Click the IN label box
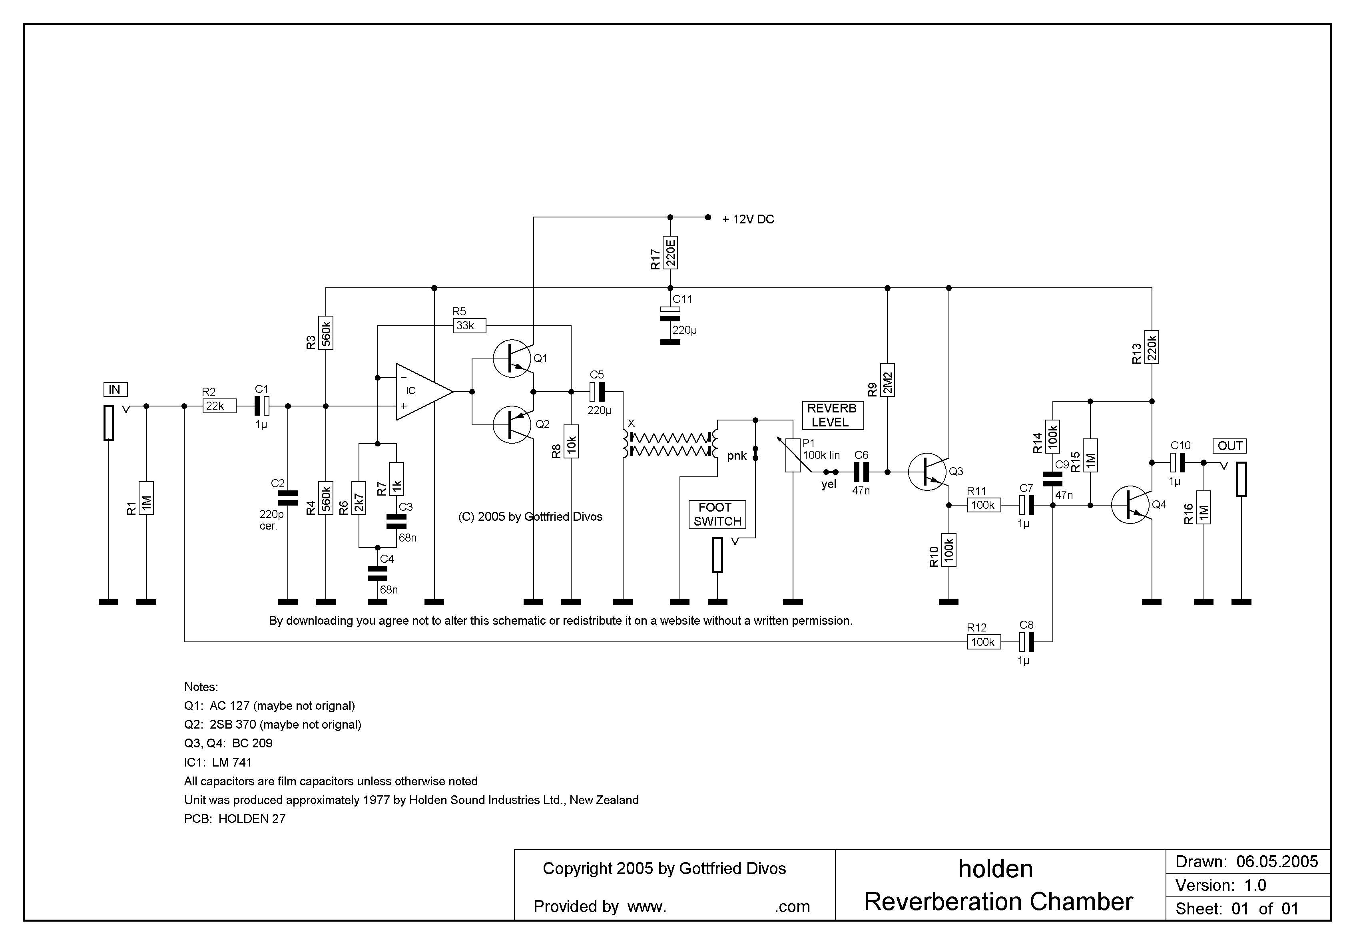(x=115, y=389)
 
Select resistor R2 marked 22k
(x=219, y=406)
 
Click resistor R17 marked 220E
(x=670, y=253)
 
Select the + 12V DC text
(x=748, y=219)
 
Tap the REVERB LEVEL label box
(x=832, y=415)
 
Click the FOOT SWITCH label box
(x=717, y=514)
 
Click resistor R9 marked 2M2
(x=888, y=380)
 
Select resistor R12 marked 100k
(x=984, y=642)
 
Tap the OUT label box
(x=1230, y=446)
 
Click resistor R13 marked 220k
(x=1152, y=347)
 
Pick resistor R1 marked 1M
(x=146, y=498)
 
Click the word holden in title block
(x=996, y=870)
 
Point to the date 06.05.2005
(x=1277, y=862)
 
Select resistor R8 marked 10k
(x=571, y=441)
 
